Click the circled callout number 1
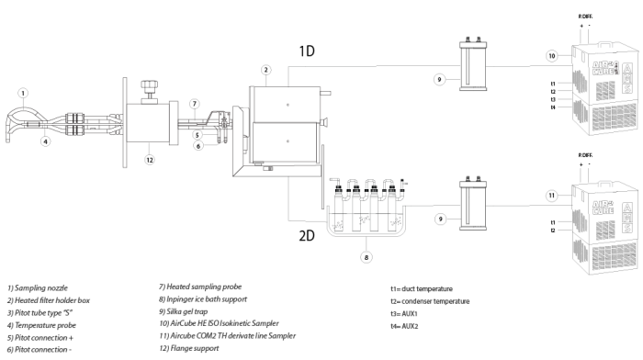pyautogui.click(x=23, y=93)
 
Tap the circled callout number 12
pyautogui.click(x=150, y=160)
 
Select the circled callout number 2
pyautogui.click(x=265, y=70)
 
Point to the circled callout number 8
pyautogui.click(x=367, y=257)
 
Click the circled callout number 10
pyautogui.click(x=552, y=56)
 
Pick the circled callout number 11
pyautogui.click(x=552, y=196)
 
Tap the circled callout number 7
pyautogui.click(x=195, y=104)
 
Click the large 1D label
pyautogui.click(x=307, y=51)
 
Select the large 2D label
pyautogui.click(x=307, y=235)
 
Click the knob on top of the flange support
pyautogui.click(x=149, y=87)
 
